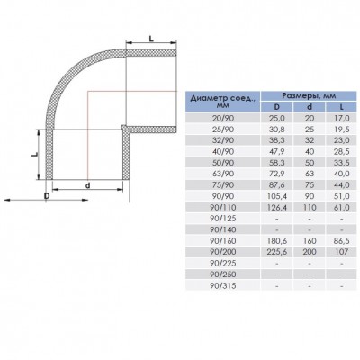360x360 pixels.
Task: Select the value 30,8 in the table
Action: click(276, 128)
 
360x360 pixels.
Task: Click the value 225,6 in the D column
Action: click(276, 251)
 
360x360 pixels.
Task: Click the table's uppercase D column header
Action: click(276, 106)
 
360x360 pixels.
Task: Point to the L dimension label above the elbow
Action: click(148, 33)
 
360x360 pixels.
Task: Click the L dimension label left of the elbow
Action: click(33, 154)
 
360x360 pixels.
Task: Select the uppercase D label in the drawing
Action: click(45, 195)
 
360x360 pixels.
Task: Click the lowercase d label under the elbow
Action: click(86, 185)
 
